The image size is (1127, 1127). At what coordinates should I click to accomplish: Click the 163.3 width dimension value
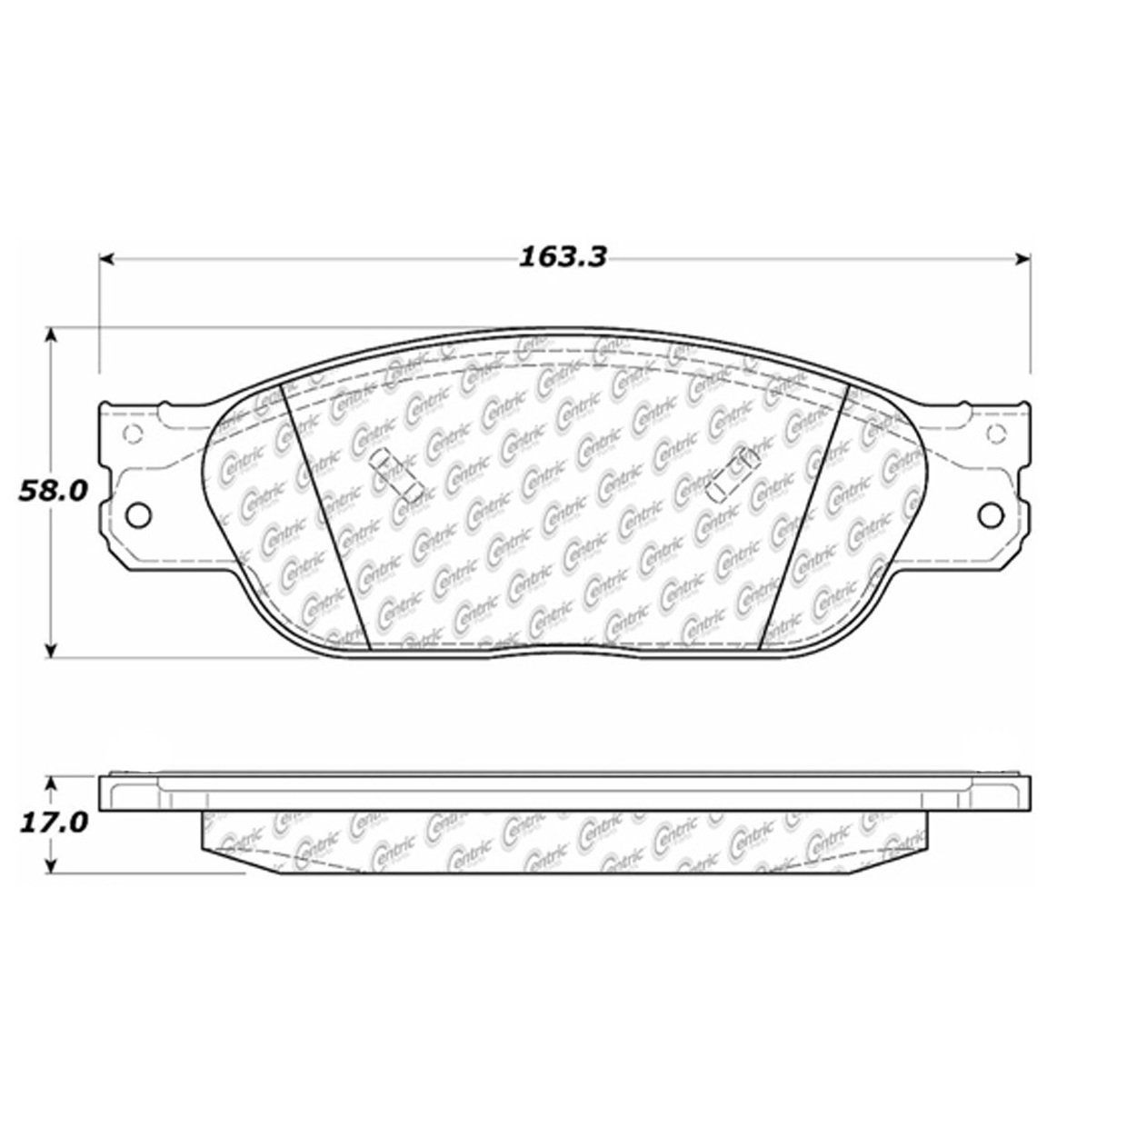tap(562, 257)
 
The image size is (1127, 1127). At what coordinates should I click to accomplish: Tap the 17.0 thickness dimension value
tap(53, 824)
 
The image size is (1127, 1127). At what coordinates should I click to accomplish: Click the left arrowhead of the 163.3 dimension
tap(105, 258)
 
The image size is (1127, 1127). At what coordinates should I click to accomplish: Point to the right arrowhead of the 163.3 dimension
tap(1022, 258)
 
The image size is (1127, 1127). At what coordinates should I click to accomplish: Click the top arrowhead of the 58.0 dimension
tap(52, 334)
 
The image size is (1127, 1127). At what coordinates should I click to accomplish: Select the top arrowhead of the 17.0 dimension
tap(52, 783)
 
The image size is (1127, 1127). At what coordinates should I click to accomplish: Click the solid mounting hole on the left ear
tap(139, 514)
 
